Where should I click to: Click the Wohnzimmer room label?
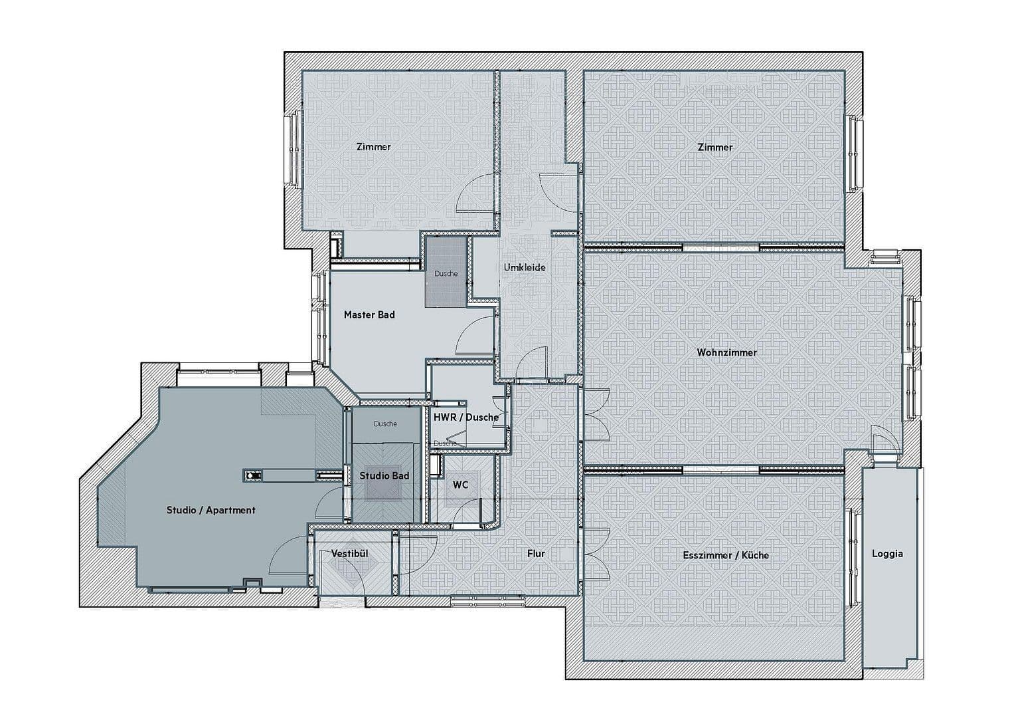coord(726,352)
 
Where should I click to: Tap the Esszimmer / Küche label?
coord(726,555)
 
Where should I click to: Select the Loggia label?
coord(887,553)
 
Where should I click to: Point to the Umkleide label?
coord(525,267)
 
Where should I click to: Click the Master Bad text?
coord(369,314)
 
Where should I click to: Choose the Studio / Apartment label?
coord(211,510)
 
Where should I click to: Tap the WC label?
coord(460,485)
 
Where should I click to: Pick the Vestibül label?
coord(349,553)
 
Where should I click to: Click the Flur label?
coord(536,553)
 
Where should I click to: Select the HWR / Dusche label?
coord(465,417)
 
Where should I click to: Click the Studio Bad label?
coord(384,475)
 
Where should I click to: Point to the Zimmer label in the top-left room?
coord(373,147)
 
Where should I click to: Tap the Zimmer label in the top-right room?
coord(715,147)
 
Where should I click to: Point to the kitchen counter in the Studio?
coord(287,475)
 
